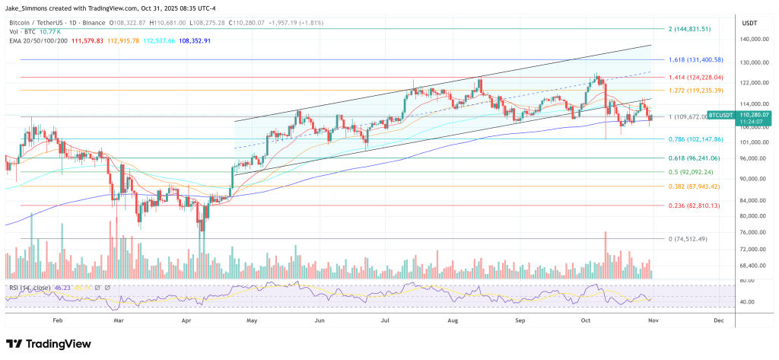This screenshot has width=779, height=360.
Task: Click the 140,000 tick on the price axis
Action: pos(752,39)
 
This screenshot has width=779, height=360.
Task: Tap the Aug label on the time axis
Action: pos(453,322)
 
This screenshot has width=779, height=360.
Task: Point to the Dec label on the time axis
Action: pos(719,322)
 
